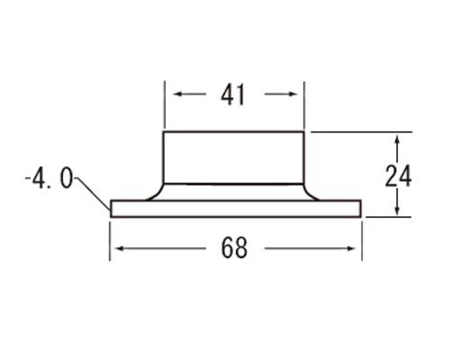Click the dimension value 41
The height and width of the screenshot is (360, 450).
pyautogui.click(x=233, y=94)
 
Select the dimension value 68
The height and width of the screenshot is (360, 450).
pyautogui.click(x=234, y=249)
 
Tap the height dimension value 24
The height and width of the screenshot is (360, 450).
pyautogui.click(x=399, y=175)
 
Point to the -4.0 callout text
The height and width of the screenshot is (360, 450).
pyautogui.click(x=49, y=179)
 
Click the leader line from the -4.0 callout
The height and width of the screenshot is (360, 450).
pyautogui.click(x=93, y=191)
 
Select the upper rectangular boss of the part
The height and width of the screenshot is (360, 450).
pyautogui.click(x=233, y=157)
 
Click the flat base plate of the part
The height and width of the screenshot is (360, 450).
pyautogui.click(x=234, y=209)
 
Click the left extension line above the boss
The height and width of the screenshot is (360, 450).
pyautogui.click(x=163, y=106)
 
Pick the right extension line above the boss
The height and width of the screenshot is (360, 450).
pyautogui.click(x=304, y=106)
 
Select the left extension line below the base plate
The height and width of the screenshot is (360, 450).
pyautogui.click(x=110, y=238)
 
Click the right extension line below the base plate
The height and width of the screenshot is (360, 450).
pyautogui.click(x=362, y=238)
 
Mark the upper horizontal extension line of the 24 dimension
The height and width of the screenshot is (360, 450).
pyautogui.click(x=360, y=131)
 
